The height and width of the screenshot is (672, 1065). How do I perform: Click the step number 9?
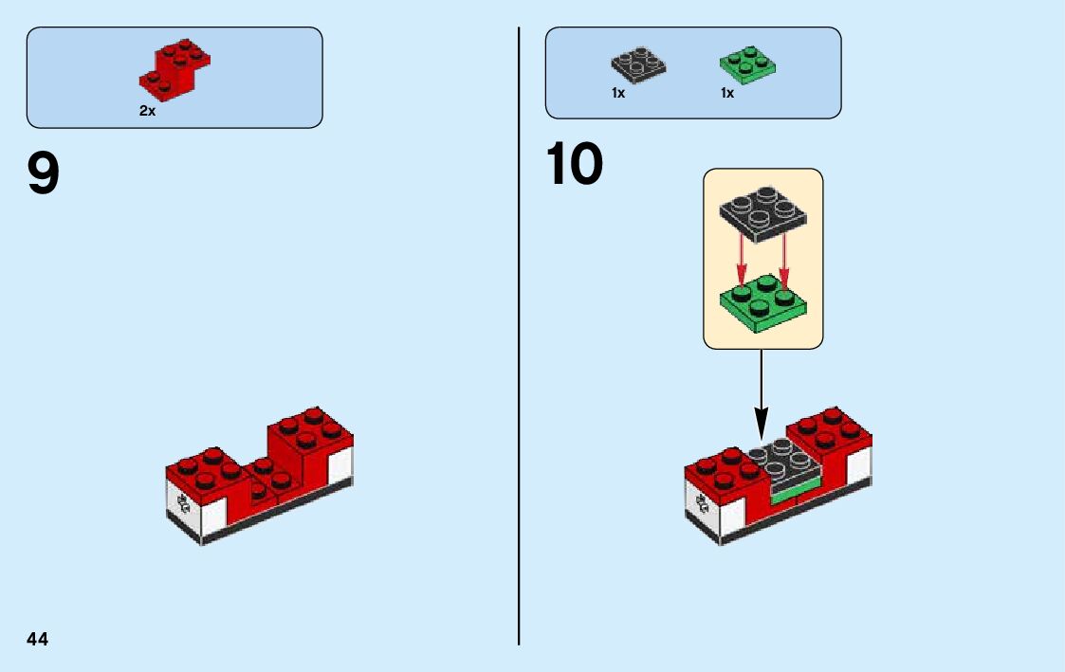click(x=44, y=174)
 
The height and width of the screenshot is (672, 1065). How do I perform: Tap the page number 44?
click(x=38, y=639)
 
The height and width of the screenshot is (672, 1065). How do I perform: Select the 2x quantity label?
click(x=147, y=111)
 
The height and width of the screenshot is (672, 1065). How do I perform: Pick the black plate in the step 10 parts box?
click(x=637, y=64)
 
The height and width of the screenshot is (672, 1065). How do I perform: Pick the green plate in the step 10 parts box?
click(x=746, y=64)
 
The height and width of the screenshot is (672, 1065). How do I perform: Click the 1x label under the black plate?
click(x=618, y=93)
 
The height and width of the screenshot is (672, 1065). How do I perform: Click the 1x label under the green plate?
click(x=727, y=93)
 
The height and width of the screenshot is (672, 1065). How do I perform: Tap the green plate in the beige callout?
click(x=763, y=301)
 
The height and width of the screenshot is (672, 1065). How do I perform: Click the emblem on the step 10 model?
click(x=703, y=503)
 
